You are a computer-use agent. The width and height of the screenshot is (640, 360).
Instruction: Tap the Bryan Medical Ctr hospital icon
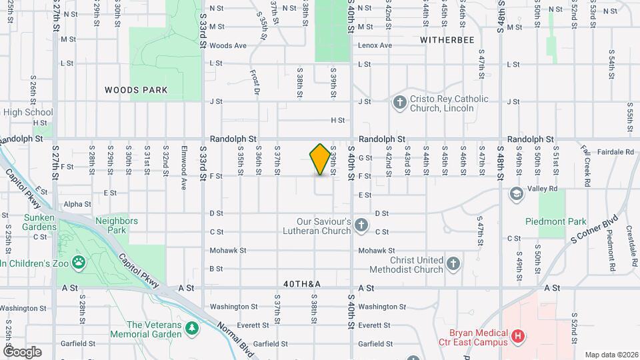point(517,337)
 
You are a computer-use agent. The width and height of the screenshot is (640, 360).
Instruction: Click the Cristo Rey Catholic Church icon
point(399,103)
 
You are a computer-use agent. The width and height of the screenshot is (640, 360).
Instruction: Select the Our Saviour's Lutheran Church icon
point(361,226)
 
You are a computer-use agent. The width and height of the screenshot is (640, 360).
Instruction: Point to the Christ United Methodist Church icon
point(453,264)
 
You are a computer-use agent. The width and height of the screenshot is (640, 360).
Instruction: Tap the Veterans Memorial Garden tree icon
point(192,329)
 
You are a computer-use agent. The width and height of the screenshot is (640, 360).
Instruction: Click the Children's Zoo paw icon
point(79,263)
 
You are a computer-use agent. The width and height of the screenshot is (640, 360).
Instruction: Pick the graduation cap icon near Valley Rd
point(515,193)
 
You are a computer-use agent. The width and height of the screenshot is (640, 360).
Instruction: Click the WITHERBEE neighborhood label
point(447,40)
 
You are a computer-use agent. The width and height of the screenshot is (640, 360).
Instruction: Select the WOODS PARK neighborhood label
point(136,89)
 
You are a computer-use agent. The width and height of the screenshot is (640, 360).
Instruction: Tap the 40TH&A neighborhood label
point(302,285)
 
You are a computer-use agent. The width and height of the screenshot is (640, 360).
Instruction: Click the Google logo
point(22,351)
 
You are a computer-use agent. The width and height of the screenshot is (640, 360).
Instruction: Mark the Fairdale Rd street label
point(615,152)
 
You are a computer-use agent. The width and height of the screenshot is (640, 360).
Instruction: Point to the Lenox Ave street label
point(376,45)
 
